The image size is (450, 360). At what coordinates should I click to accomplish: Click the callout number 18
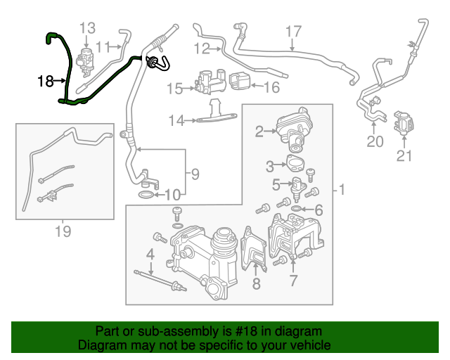click(x=45, y=82)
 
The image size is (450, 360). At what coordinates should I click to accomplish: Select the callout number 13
click(x=86, y=28)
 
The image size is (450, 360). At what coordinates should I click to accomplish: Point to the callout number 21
click(x=404, y=156)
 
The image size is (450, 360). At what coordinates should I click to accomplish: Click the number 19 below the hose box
click(x=63, y=231)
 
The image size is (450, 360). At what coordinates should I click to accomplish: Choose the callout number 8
click(x=256, y=283)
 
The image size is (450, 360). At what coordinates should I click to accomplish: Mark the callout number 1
click(x=341, y=190)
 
